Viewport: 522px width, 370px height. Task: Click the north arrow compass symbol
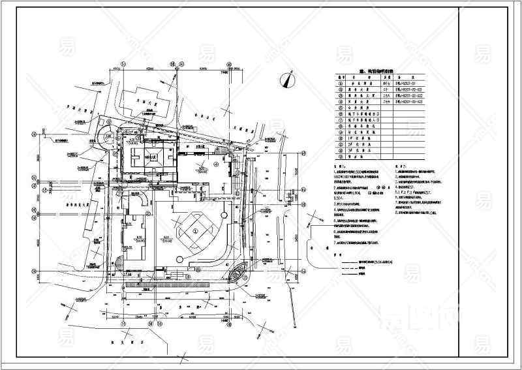(x=285, y=80)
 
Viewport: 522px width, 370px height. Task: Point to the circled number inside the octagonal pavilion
(x=198, y=230)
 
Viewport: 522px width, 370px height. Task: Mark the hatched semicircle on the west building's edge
(x=119, y=263)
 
